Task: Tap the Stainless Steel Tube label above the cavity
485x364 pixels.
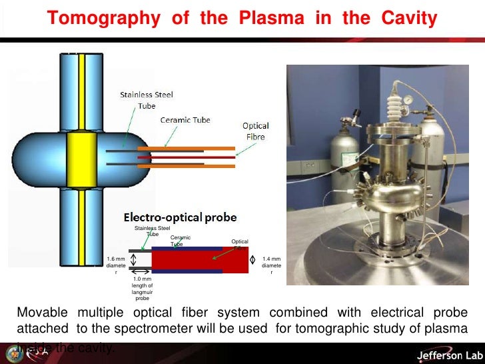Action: coord(147,100)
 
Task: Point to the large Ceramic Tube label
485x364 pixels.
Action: coord(185,120)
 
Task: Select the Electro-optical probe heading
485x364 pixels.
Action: coord(181,217)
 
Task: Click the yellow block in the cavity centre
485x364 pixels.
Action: coord(82,159)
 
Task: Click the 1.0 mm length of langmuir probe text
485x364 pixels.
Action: coord(142,288)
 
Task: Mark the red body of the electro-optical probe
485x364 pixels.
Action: coord(200,260)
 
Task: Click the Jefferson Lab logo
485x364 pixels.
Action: coord(440,355)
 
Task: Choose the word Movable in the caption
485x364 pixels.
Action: coord(41,313)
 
